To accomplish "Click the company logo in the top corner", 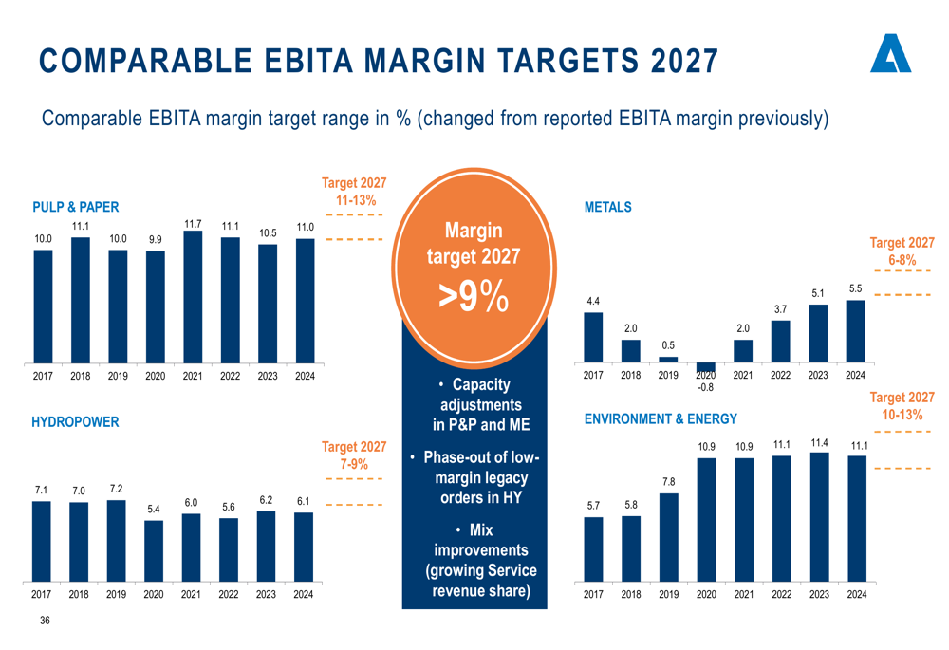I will [890, 54].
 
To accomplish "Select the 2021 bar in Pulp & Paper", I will [193, 298].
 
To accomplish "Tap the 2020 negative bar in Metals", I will [706, 367].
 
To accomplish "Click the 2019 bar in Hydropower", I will [116, 540].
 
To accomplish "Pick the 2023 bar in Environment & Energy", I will [819, 516].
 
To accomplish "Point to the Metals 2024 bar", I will [855, 331].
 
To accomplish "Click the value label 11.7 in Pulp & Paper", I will [193, 224].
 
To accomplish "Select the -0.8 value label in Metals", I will [706, 387].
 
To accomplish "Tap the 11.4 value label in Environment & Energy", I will [819, 443].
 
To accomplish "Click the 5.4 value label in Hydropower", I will [154, 511].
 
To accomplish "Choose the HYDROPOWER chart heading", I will [76, 421].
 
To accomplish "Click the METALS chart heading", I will [608, 207].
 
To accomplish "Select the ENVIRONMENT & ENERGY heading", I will [661, 418].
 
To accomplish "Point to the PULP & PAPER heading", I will [76, 207].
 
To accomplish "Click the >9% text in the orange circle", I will [474, 296].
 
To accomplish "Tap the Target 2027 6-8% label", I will [902, 251].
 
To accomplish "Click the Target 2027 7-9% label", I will [354, 455].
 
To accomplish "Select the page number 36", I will [45, 622].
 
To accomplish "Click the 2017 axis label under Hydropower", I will [42, 595].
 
